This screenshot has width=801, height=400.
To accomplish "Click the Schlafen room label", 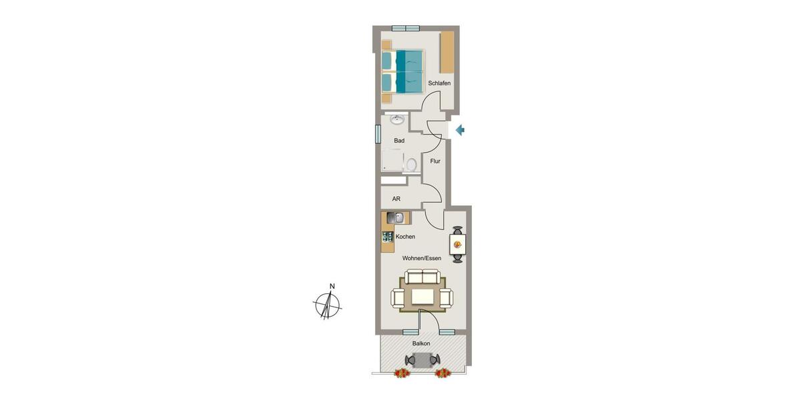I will [439, 83].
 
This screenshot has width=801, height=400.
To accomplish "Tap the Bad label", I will [399, 141].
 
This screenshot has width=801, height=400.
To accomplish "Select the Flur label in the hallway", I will [435, 161].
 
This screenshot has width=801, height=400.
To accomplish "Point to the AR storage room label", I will [396, 199].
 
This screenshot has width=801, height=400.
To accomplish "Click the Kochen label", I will [405, 237].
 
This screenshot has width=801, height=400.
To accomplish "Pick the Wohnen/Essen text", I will [421, 258].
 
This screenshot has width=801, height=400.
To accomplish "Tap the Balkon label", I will [421, 343].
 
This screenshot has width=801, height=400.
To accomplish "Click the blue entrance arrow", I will [459, 130].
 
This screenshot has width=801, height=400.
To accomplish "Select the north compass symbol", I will [327, 304].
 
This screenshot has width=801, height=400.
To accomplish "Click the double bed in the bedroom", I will [403, 71].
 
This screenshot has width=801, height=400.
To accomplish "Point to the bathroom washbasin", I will [397, 120].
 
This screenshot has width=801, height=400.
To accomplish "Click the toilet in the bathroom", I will [412, 164].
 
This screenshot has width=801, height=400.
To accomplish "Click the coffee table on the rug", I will [422, 295].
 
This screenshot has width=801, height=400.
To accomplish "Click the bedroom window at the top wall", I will [405, 28].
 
